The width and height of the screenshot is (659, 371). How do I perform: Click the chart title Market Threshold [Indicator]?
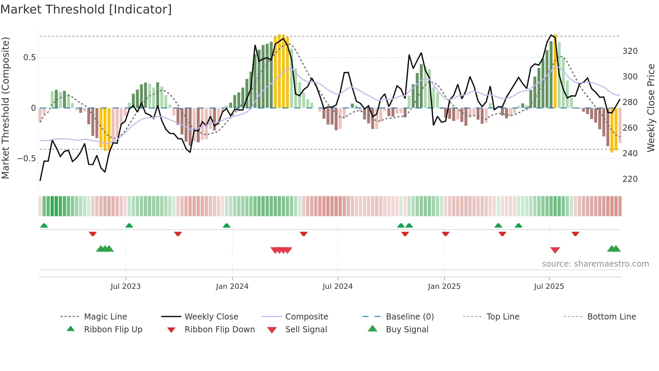click(86, 9)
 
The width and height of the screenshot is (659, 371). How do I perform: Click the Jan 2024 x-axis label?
click(232, 286)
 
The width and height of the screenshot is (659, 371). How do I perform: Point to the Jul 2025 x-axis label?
click(549, 286)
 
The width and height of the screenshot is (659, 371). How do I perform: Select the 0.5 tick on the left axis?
click(29, 58)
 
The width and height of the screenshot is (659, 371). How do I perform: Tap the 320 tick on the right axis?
click(630, 51)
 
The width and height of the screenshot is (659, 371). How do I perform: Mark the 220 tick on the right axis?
click(630, 179)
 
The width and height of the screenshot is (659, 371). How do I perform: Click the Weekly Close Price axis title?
click(651, 108)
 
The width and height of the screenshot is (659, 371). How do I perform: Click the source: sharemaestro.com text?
click(595, 264)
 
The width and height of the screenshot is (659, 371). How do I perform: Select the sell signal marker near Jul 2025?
click(555, 250)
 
